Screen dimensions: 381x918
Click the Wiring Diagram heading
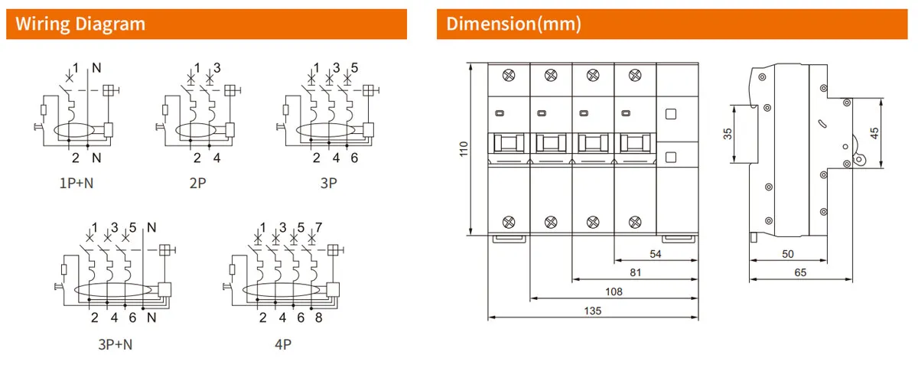pyautogui.click(x=80, y=24)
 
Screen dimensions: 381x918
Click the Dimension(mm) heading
pyautogui.click(x=514, y=24)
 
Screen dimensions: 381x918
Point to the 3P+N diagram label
pyautogui.click(x=115, y=344)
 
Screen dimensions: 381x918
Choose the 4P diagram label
pyautogui.click(x=283, y=344)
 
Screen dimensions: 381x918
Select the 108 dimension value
pyautogui.click(x=614, y=291)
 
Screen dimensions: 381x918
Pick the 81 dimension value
pyautogui.click(x=635, y=272)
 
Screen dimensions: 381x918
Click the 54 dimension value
pyautogui.click(x=656, y=252)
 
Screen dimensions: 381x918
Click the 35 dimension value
pyautogui.click(x=728, y=134)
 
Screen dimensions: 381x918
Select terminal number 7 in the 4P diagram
pyautogui.click(x=319, y=227)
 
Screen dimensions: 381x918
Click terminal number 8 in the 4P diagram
pyautogui.click(x=318, y=317)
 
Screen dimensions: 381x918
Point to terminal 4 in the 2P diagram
pyautogui.click(x=217, y=158)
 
